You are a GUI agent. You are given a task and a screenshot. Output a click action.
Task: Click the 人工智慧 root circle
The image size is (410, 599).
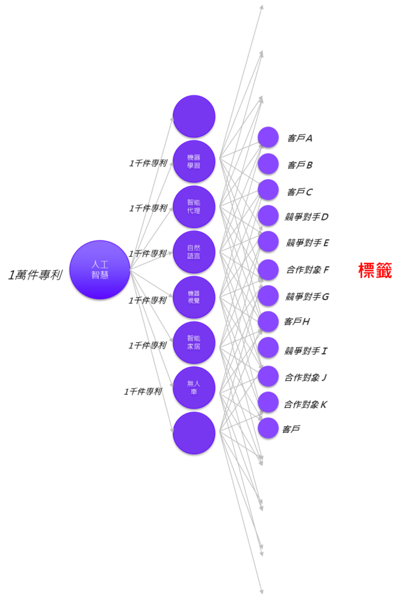click(x=100, y=270)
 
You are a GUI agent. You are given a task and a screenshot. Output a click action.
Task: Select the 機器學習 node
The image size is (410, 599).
click(x=194, y=161)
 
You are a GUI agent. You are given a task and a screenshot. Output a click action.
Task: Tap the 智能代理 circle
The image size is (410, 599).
click(x=194, y=206)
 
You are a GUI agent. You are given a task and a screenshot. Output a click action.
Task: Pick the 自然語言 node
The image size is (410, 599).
click(x=194, y=252)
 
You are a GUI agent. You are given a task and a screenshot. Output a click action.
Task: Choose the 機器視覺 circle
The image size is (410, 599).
click(x=194, y=297)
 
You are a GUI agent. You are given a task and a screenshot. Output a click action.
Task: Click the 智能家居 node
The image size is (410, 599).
click(x=194, y=342)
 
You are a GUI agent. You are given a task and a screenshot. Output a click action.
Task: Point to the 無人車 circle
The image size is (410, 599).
click(x=194, y=387)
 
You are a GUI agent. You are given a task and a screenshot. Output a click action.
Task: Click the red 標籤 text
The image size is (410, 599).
click(x=375, y=270)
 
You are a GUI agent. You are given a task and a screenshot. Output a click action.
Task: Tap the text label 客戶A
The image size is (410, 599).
click(x=300, y=139)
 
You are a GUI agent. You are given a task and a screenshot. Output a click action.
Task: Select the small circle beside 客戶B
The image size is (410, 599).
click(x=268, y=163)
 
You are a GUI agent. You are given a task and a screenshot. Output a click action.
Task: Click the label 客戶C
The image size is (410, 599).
click(x=300, y=192)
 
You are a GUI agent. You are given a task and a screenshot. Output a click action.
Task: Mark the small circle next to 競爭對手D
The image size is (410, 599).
click(x=268, y=215)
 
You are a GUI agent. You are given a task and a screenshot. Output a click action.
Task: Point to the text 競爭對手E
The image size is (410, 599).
click(x=307, y=243)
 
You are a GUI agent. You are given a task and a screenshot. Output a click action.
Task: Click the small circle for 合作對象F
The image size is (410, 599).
click(x=268, y=269)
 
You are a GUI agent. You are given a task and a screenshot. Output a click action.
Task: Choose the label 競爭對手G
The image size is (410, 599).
click(x=307, y=297)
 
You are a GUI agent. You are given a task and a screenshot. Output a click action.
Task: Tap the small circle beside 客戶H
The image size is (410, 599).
click(x=268, y=321)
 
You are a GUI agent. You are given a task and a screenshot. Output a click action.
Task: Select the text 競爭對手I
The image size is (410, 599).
click(x=305, y=351)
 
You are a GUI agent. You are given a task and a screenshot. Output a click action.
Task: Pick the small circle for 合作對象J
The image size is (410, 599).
click(x=268, y=376)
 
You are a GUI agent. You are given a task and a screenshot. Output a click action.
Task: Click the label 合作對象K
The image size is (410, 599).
click(x=305, y=404)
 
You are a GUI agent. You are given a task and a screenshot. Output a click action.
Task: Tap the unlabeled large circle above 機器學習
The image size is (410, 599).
click(x=194, y=116)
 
